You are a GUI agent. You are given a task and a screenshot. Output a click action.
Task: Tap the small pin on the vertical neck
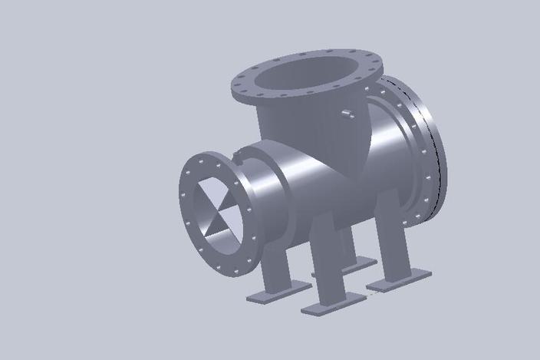pos(346,114)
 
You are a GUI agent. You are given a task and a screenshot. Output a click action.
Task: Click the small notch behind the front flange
pos(240,160)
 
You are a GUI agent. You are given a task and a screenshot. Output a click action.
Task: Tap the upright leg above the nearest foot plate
pos(326,261)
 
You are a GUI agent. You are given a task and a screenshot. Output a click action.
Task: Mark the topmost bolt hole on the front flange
pos(206,159)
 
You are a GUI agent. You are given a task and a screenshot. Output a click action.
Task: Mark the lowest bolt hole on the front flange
pos(229,269)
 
